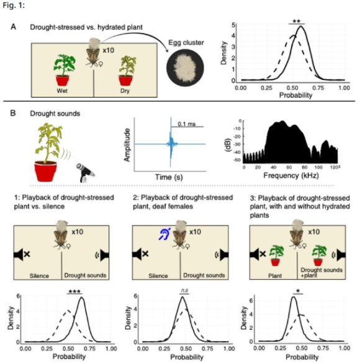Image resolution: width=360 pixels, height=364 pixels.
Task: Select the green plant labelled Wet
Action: pos(64,70)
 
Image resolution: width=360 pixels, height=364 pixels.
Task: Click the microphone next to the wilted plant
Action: pos(85,172)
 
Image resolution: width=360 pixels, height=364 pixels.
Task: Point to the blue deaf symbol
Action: pos(164,233)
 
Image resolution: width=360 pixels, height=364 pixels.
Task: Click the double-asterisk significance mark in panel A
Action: pos(297,21)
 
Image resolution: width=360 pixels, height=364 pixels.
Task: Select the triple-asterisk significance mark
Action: pos(74,291)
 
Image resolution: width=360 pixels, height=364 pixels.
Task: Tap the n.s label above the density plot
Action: pos(184,290)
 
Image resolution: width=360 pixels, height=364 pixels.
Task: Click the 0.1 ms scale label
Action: pos(187,124)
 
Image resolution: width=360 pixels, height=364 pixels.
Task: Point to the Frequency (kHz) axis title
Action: pos(290,175)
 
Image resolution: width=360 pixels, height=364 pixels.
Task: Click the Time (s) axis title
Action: pos(169,177)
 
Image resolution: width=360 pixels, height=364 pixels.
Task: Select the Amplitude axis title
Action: pos(127,144)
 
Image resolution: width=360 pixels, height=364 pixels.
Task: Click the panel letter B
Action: pos(13,113)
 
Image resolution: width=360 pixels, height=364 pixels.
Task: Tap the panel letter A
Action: pos(14,27)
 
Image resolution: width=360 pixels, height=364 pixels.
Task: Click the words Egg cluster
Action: pos(186,43)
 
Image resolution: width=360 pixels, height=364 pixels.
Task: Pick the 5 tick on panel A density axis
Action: pos(233,25)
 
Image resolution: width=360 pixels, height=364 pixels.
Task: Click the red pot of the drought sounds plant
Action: pos(45,171)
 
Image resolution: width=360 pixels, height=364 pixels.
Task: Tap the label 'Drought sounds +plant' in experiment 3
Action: pos(322,273)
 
